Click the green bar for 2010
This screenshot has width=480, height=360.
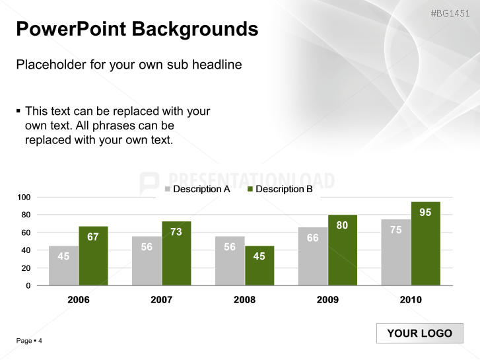click(x=425, y=244)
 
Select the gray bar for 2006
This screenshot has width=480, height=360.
click(x=63, y=266)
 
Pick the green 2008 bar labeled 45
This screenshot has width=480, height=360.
click(x=259, y=266)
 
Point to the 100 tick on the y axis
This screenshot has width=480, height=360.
click(x=24, y=198)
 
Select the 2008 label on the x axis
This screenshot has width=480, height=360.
click(x=244, y=300)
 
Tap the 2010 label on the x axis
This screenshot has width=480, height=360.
click(x=411, y=300)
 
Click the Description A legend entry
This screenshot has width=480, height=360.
click(x=197, y=190)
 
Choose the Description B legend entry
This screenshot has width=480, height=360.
click(x=279, y=190)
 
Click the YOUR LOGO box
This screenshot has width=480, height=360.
click(x=419, y=334)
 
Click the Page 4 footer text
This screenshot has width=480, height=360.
click(x=29, y=341)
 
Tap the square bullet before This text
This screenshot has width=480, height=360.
click(x=18, y=110)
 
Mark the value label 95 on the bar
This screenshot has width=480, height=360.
click(x=425, y=213)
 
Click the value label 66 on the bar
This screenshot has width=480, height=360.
click(x=313, y=238)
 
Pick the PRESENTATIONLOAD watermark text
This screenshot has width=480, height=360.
click(x=251, y=181)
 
